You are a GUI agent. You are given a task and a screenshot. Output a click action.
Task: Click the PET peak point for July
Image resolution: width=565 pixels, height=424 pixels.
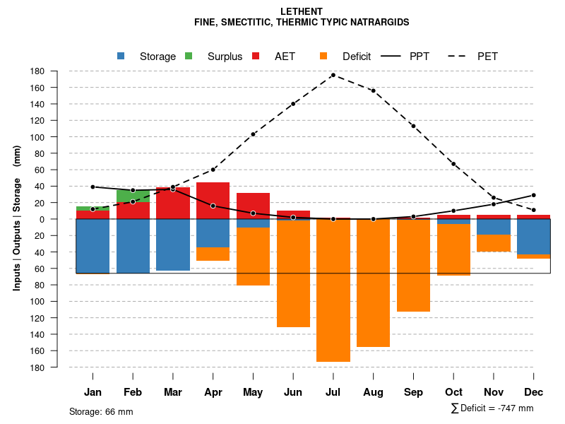pyautogui.click(x=333, y=75)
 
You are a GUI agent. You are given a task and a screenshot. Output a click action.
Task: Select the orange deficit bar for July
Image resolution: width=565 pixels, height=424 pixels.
pyautogui.click(x=333, y=290)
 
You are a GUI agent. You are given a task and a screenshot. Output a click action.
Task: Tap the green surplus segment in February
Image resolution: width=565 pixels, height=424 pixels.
pyautogui.click(x=133, y=196)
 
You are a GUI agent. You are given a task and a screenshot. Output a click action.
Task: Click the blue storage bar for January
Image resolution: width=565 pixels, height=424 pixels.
pyautogui.click(x=93, y=246)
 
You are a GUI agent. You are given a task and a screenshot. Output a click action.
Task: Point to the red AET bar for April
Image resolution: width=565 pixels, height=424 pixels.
pyautogui.click(x=213, y=194)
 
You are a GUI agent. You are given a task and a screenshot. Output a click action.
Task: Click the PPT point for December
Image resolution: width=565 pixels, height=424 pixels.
pyautogui.click(x=534, y=195)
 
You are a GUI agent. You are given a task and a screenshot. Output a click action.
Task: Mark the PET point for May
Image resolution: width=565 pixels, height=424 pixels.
pyautogui.click(x=253, y=134)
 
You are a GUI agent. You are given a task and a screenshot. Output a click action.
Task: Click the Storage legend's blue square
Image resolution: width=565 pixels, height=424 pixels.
pyautogui.click(x=121, y=57)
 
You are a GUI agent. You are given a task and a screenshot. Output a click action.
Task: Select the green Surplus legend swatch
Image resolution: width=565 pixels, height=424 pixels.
pyautogui.click(x=189, y=57)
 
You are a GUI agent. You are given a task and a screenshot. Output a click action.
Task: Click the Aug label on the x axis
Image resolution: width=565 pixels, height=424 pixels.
pyautogui.click(x=373, y=392)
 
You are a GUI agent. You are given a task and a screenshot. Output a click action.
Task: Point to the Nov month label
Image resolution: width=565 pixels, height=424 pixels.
pyautogui.click(x=494, y=392)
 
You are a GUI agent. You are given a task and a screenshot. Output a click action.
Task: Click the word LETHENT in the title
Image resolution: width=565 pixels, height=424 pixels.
pyautogui.click(x=302, y=12)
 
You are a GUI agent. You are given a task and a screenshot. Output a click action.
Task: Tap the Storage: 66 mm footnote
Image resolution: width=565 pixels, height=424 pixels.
pyautogui.click(x=101, y=411)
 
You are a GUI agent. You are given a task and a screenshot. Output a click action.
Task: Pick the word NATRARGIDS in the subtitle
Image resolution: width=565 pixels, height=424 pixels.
pyautogui.click(x=378, y=23)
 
